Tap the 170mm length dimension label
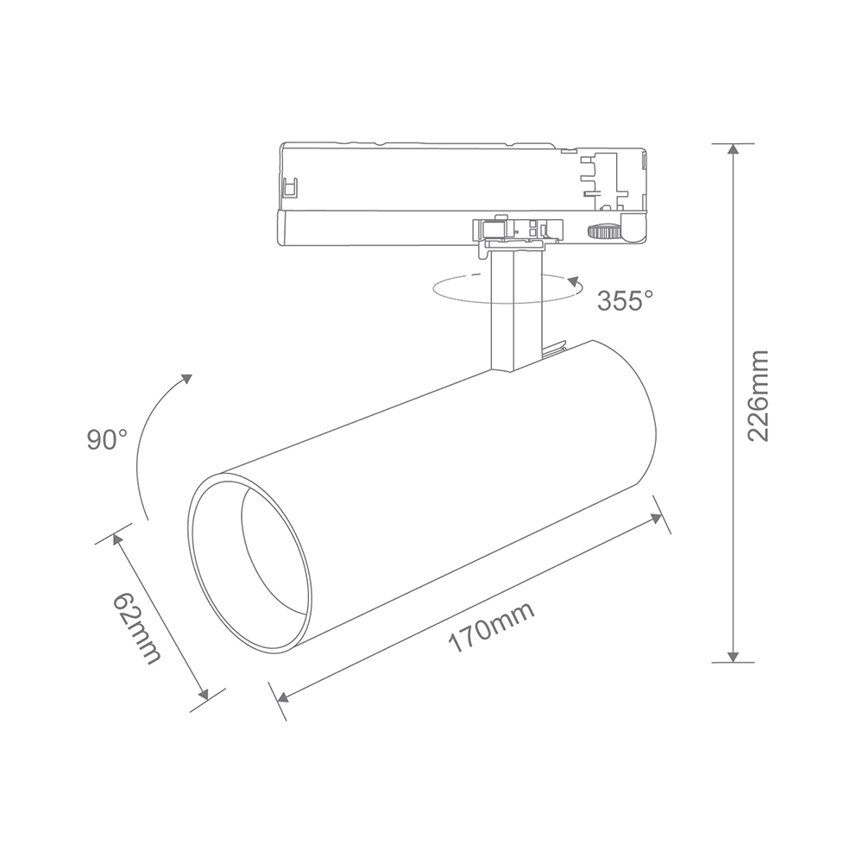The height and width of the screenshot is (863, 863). [x=492, y=627]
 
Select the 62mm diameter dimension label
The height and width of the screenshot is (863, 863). [x=137, y=628]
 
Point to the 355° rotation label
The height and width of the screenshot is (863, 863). [x=625, y=300]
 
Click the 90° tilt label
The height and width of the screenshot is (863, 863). [x=107, y=440]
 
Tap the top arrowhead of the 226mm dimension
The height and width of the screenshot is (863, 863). [x=732, y=148]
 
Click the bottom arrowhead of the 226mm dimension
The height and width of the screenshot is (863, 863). [x=732, y=657]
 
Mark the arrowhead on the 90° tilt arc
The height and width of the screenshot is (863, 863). [x=187, y=379]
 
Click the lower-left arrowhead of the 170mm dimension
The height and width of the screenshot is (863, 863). [x=283, y=698]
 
